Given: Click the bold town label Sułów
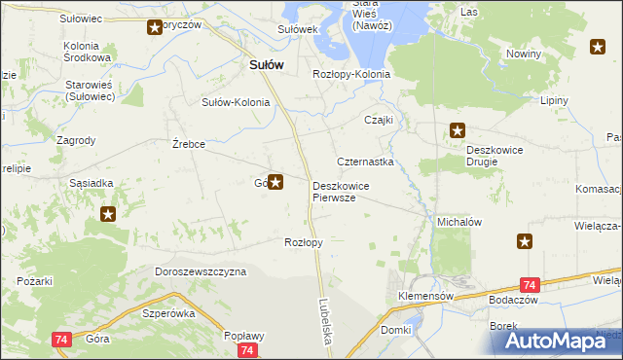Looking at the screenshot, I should [x=261, y=64].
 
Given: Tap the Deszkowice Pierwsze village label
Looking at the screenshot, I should [x=340, y=191].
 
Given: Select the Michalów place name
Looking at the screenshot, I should [x=459, y=222].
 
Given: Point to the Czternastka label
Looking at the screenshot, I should [x=365, y=162].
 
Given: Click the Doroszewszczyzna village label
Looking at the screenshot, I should [x=201, y=272].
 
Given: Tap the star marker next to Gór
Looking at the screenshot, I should [x=276, y=181].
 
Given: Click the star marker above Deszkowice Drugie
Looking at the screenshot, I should [x=458, y=130].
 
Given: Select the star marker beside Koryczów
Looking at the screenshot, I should [x=155, y=27].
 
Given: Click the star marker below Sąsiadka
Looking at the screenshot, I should [x=108, y=214].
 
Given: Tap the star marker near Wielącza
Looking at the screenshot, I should [x=525, y=241].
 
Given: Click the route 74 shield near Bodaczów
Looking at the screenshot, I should [x=530, y=285].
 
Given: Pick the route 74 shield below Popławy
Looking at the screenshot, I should [x=248, y=350].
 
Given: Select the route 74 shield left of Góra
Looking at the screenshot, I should [x=60, y=339].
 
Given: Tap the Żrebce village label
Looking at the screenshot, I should [x=188, y=144].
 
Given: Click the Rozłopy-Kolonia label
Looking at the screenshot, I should [x=351, y=74].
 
